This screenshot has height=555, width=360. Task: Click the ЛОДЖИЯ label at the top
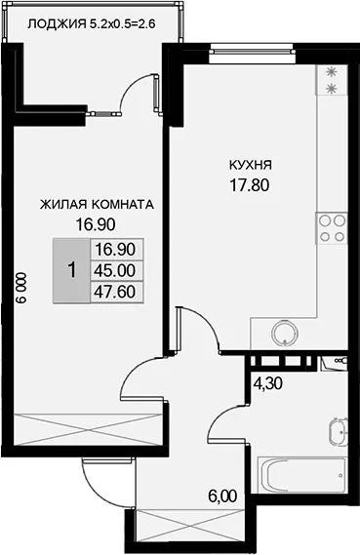57,24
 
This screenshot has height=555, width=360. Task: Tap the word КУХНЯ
251,165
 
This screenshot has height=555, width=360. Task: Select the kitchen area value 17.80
250,184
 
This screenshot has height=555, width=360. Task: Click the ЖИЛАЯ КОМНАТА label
97,204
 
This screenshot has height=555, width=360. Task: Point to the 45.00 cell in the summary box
115,271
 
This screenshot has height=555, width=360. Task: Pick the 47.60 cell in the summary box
115,292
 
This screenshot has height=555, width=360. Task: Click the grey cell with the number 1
72,270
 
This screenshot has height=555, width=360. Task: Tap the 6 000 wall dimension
21,288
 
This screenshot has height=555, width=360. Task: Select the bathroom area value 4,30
268,383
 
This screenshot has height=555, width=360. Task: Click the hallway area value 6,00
222,496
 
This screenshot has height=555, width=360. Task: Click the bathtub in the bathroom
301,475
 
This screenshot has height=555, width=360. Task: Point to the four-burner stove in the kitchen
332,228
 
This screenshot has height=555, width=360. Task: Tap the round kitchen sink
285,333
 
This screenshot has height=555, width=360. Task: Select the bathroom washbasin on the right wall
338,432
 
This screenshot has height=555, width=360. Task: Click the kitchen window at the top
252,52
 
